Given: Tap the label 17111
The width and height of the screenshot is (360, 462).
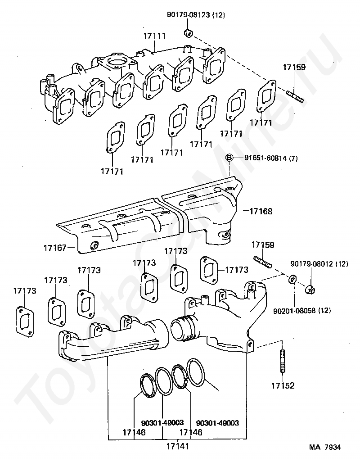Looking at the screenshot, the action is point(154,36).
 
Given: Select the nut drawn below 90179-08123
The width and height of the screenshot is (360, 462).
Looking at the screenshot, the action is point(189,33).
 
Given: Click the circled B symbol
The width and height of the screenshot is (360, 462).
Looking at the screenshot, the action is point(229,158).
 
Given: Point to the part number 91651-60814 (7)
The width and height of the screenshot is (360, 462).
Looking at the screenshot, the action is point(271,158).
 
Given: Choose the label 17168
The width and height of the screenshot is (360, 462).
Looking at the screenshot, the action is point(261,211).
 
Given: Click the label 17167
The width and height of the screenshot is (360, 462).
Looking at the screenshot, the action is point(55,248).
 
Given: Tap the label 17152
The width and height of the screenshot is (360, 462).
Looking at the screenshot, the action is point(283,386).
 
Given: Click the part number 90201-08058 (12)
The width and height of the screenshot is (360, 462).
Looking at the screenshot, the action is point(302,310).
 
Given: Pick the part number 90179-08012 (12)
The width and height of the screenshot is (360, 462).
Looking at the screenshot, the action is point(319,264).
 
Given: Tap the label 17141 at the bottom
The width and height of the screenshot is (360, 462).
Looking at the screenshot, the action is point(177,446).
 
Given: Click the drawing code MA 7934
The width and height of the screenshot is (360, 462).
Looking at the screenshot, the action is point(325,447).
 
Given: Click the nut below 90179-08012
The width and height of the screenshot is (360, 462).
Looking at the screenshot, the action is point(310,290).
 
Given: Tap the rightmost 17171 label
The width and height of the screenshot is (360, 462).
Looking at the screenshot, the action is point(261,122).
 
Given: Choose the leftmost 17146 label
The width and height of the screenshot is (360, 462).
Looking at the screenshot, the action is point(134,432).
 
